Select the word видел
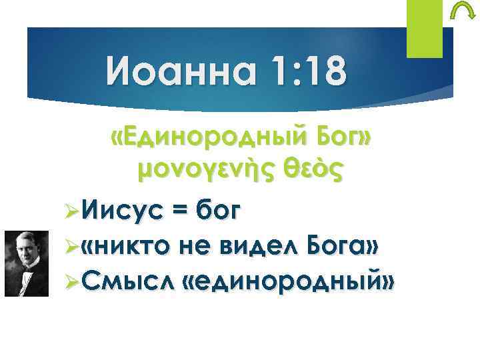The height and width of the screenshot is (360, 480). pos(259,248)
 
